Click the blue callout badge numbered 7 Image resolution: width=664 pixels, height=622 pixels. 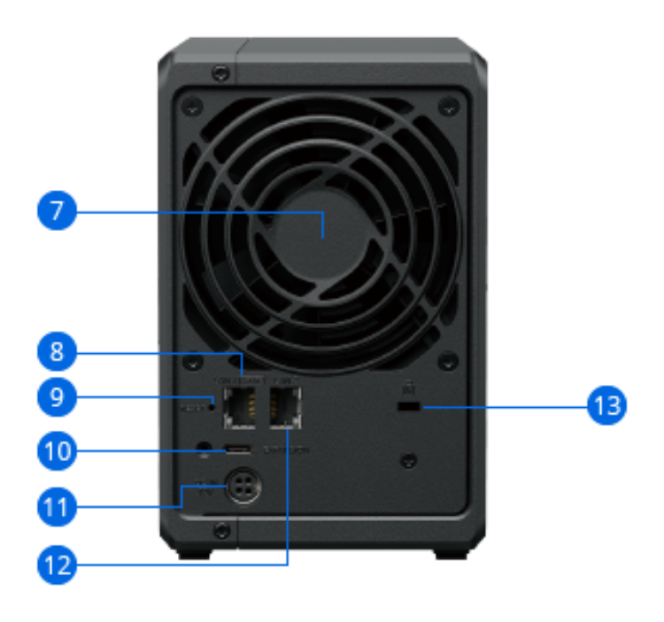(57, 211)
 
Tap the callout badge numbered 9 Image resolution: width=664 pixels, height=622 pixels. (57, 396)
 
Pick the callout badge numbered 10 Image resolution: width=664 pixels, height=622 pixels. (57, 451)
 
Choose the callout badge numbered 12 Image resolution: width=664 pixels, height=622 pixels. (57, 564)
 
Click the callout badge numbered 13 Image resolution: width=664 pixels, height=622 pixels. (607, 406)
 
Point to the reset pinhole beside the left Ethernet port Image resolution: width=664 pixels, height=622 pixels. (212, 407)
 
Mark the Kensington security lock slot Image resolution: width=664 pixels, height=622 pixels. (408, 406)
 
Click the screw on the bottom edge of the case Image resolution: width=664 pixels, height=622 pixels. (221, 531)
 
